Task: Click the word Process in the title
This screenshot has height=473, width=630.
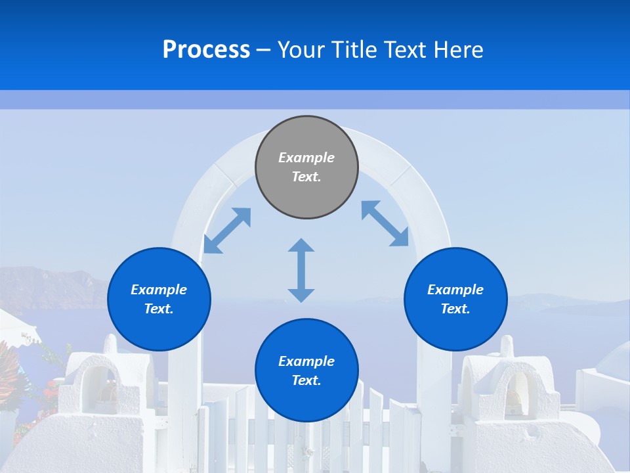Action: [x=206, y=50]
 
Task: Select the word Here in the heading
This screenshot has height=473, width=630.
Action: [x=459, y=50]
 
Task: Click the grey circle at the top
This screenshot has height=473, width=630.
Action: [x=306, y=167]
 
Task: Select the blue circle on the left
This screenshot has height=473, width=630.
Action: [x=159, y=299]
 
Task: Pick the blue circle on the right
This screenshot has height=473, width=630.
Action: [x=455, y=299]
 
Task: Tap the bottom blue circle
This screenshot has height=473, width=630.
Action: [x=306, y=371]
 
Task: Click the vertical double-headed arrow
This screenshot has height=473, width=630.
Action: [x=301, y=270]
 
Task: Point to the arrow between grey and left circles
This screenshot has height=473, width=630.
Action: [x=227, y=231]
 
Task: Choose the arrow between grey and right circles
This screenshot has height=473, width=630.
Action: [x=385, y=223]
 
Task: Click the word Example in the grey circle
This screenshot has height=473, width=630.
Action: [x=306, y=158]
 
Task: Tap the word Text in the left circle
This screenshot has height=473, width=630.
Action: [x=159, y=309]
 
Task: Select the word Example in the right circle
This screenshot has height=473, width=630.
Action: [x=455, y=290]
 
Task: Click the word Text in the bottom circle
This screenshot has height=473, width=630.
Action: [x=306, y=380]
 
